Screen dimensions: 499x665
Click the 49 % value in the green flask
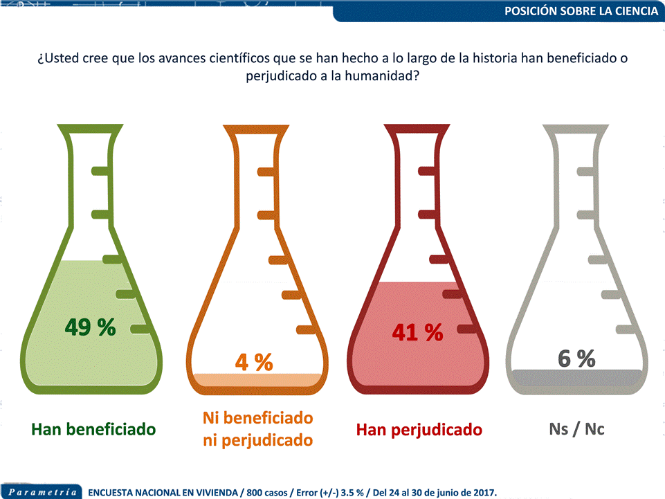click(90, 327)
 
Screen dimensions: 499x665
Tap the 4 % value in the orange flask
click(253, 361)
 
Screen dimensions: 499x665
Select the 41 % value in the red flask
click(417, 332)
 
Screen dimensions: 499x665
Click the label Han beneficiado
click(93, 429)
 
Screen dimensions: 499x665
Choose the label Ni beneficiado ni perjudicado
click(257, 429)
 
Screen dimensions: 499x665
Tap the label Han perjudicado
click(419, 430)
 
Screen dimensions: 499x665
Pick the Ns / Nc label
click(576, 429)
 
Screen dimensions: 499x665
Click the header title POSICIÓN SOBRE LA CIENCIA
click(581, 11)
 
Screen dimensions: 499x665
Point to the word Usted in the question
click(63, 57)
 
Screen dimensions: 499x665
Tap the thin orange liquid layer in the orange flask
click(258, 379)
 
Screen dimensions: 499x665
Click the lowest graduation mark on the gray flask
click(626, 329)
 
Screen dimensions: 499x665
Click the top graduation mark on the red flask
click(428, 170)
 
